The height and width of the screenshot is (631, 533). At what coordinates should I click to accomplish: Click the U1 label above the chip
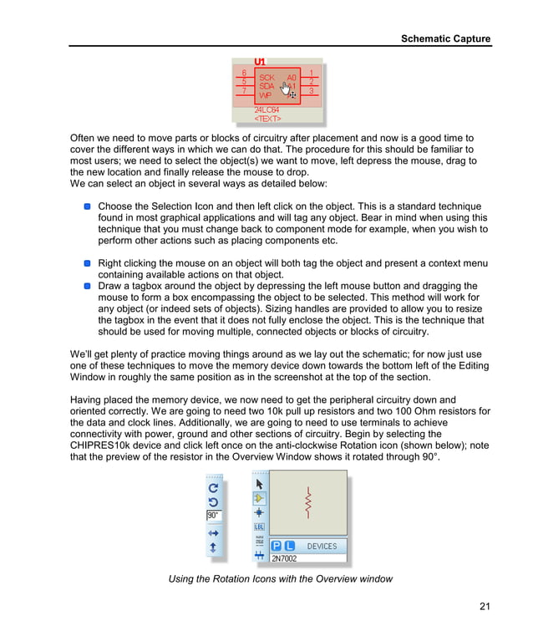(260, 62)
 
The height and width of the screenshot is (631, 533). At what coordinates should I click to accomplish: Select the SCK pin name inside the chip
(266, 77)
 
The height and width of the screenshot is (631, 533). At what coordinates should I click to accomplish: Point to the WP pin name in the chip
(265, 95)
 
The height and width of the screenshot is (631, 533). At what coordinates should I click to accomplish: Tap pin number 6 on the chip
(244, 73)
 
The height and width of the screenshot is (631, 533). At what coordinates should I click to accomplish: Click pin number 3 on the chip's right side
(312, 90)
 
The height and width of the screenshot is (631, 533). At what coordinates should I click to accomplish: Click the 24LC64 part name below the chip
(266, 109)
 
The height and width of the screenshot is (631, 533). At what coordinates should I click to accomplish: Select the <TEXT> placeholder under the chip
(267, 119)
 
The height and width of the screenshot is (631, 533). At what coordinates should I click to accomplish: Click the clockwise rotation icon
(213, 487)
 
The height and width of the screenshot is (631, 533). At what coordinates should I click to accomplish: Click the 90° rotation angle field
(214, 516)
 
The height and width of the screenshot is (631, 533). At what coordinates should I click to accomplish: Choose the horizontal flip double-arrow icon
(213, 532)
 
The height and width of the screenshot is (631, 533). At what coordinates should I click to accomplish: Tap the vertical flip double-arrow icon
(213, 548)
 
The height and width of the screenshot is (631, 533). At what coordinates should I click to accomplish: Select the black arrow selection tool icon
(259, 483)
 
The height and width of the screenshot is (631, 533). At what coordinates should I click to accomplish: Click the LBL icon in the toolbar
(259, 527)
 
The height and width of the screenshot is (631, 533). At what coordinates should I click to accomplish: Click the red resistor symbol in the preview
(307, 502)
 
